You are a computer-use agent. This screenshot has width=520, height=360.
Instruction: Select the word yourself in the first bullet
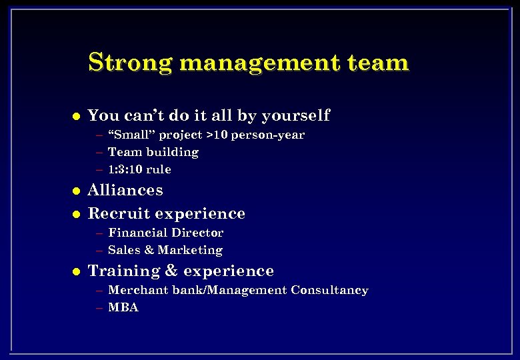point(295,115)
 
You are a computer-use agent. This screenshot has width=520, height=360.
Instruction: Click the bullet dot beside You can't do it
point(76,116)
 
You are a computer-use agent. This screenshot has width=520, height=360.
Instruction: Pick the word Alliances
point(125,191)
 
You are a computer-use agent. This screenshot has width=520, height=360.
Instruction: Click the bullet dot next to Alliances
point(76,191)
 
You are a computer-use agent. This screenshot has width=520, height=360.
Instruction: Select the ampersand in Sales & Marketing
point(148,250)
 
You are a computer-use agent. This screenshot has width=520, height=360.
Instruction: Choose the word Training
point(123,271)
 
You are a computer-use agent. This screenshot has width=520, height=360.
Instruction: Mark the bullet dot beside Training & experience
point(76,271)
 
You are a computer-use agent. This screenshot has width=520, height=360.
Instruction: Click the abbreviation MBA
point(123,308)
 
